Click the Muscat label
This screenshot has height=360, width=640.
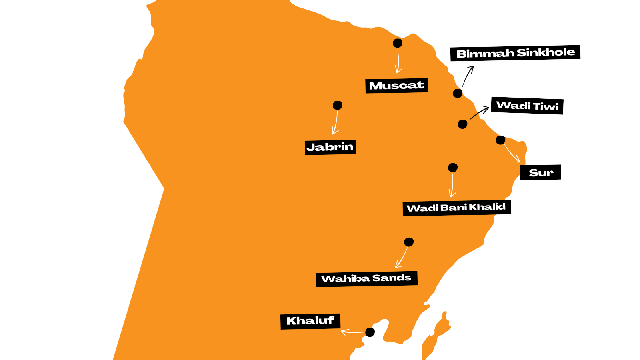(x=396, y=86)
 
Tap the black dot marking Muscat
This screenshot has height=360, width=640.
(x=398, y=43)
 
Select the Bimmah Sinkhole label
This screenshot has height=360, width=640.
(x=515, y=53)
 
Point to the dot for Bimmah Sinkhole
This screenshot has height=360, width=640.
(x=458, y=93)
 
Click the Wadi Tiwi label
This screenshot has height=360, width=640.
(x=527, y=106)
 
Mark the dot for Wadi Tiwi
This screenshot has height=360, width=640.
(x=462, y=124)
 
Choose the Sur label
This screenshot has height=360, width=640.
(x=540, y=172)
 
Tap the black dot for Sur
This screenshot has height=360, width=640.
(x=500, y=140)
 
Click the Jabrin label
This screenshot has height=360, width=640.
(x=330, y=147)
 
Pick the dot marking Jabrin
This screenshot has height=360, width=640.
(x=338, y=105)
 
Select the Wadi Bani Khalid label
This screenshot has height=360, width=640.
(x=456, y=208)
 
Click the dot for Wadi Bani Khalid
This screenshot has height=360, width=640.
(x=453, y=168)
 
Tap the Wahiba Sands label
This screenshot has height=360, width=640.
(x=366, y=278)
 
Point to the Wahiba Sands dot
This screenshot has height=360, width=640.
(x=409, y=242)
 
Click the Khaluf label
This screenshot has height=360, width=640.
(x=310, y=321)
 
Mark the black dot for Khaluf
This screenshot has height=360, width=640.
(x=370, y=332)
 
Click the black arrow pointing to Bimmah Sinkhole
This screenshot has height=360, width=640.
(x=468, y=76)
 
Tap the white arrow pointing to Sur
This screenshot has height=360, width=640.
(x=512, y=153)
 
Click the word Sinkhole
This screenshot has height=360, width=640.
(x=546, y=52)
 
